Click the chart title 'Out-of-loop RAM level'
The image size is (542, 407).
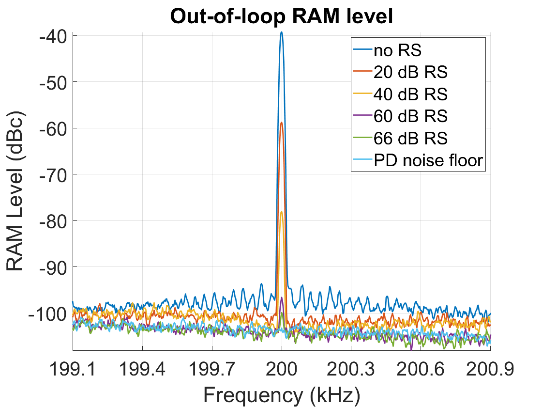[281, 16]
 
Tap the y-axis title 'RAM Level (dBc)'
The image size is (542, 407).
[15, 191]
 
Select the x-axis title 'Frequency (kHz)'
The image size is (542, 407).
[281, 395]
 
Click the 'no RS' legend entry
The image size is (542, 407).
[387, 50]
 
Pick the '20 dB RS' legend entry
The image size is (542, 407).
[400, 72]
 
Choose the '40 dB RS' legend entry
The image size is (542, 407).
[400, 94]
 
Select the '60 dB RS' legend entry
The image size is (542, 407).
[400, 116]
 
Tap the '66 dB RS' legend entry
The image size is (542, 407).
[400, 138]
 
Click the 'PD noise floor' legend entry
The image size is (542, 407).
[418, 160]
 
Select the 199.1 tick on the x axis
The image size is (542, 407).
[73, 369]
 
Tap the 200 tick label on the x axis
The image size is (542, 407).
[281, 369]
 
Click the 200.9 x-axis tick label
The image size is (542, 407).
[490, 369]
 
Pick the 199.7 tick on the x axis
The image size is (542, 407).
[212, 369]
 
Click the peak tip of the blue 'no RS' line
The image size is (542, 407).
[282, 32]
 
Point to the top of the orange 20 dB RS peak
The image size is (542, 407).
[282, 123]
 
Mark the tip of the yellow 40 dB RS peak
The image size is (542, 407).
[282, 211]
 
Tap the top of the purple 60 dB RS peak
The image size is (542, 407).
[282, 297]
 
